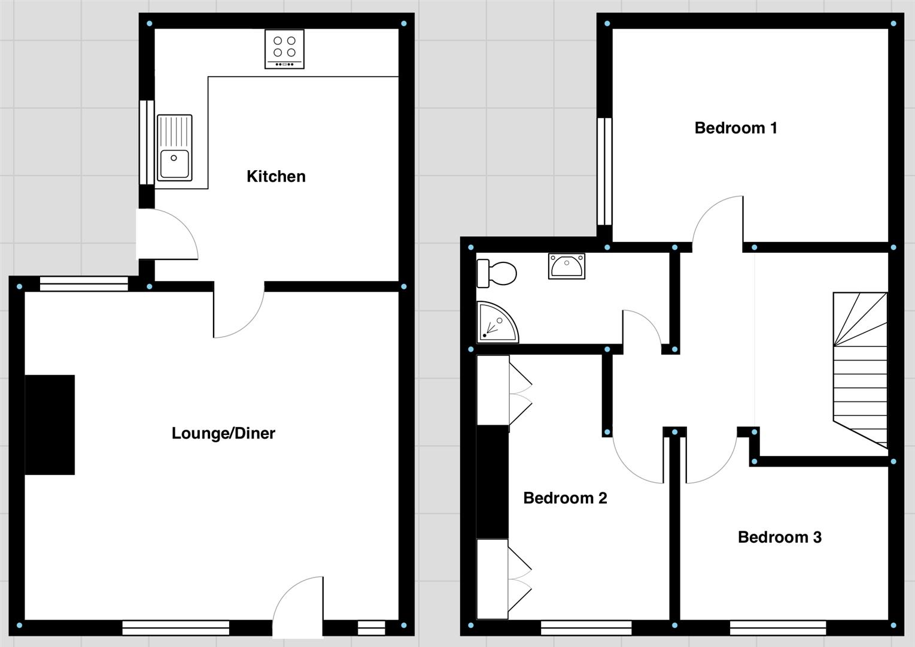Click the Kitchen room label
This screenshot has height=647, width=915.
click(276, 176)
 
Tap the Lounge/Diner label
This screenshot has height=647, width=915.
click(223, 433)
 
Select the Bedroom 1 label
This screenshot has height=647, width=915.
click(735, 128)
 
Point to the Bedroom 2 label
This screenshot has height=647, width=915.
click(565, 498)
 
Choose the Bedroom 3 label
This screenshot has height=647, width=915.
click(779, 537)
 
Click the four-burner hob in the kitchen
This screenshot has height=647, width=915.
click(284, 49)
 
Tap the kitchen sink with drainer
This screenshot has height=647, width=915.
click(175, 148)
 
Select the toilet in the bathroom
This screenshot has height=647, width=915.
click(496, 274)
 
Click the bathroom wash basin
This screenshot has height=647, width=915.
click(566, 266)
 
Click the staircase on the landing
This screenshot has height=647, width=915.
click(861, 368)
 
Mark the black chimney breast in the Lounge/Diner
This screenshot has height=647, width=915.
click(50, 425)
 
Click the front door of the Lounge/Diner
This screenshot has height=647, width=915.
click(298, 605)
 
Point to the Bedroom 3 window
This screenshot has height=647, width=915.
click(777, 627)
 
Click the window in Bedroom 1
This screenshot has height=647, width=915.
click(604, 171)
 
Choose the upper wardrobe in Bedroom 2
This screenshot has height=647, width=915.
click(493, 391)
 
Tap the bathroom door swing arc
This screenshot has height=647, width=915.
click(642, 328)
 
